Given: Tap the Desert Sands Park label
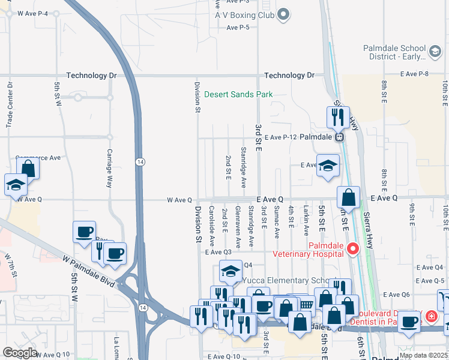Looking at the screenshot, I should pyautogui.click(x=238, y=94).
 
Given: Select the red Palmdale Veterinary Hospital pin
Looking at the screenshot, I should pyautogui.click(x=354, y=248).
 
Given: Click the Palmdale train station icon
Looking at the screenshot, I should pyautogui.click(x=340, y=137).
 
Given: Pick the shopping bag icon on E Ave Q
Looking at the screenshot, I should pyautogui.click(x=348, y=197).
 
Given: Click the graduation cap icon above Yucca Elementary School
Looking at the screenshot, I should pyautogui.click(x=231, y=271).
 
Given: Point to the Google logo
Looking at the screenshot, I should pyautogui.click(x=20, y=352).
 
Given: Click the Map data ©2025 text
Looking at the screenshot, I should pyautogui.click(x=423, y=355).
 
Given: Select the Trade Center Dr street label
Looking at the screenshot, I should pyautogui.click(x=10, y=104).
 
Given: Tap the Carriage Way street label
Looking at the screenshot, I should pyautogui.click(x=110, y=169).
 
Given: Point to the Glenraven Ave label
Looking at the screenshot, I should pyautogui.click(x=238, y=227).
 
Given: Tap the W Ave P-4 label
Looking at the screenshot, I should pyautogui.click(x=33, y=14).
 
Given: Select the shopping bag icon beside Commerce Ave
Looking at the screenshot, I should pyautogui.click(x=28, y=168).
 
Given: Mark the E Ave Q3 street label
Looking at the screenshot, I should pyautogui.click(x=218, y=253).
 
